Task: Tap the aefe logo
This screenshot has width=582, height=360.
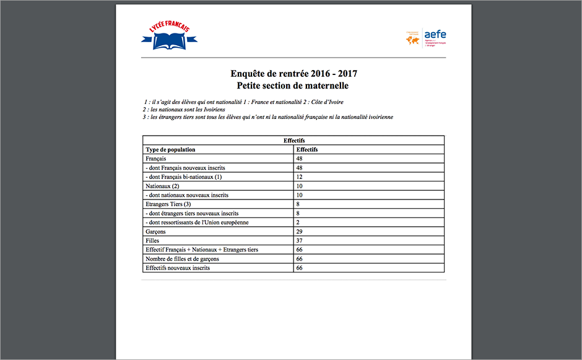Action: pyautogui.click(x=426, y=37)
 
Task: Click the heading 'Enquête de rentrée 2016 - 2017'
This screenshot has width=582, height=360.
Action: pyautogui.click(x=293, y=73)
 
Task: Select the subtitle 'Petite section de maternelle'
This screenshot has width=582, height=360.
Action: pyautogui.click(x=293, y=86)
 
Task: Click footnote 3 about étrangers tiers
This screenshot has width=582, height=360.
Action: pyautogui.click(x=267, y=117)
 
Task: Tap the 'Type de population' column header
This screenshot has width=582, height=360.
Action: pyautogui.click(x=170, y=150)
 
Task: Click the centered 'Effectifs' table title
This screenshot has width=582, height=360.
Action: pyautogui.click(x=293, y=141)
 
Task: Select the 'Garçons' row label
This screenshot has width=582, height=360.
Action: pyautogui.click(x=155, y=231)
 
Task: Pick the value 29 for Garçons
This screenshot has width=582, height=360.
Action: pyautogui.click(x=300, y=231)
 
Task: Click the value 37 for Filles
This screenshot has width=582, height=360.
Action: pyautogui.click(x=300, y=240)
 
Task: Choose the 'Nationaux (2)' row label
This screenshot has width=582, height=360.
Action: pyautogui.click(x=162, y=186)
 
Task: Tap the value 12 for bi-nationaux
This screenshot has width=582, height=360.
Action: pyautogui.click(x=300, y=177)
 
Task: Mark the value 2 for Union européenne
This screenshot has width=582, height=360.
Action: pyautogui.click(x=298, y=222)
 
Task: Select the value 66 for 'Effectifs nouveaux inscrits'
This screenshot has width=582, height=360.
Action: pyautogui.click(x=300, y=268)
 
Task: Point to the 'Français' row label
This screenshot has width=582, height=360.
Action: pyautogui.click(x=157, y=159)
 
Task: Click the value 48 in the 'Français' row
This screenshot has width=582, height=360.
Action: pyautogui.click(x=300, y=159)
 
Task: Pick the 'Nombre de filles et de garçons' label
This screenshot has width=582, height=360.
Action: pyautogui.click(x=182, y=259)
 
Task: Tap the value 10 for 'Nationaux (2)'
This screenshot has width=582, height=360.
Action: pyautogui.click(x=300, y=186)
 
